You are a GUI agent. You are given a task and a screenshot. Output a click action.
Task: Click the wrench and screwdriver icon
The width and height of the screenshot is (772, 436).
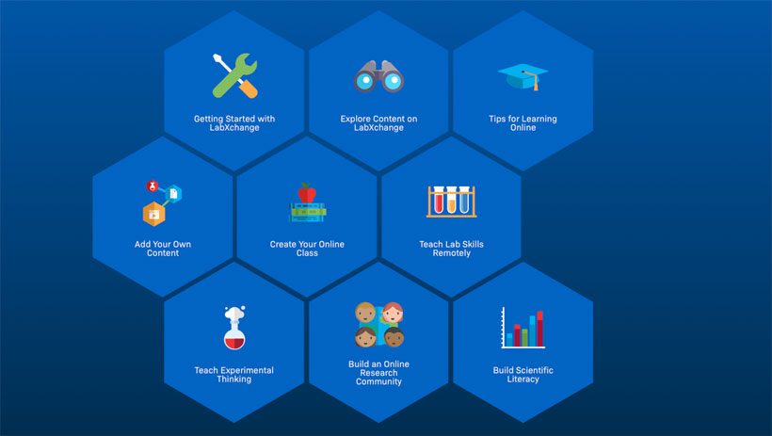coord(234,75)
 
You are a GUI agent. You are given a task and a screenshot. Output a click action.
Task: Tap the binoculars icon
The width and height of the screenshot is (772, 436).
coord(378,76)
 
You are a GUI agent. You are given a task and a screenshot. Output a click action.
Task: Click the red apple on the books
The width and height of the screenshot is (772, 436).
coord(307,193)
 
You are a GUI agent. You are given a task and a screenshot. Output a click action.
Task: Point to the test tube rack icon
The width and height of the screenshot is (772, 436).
coord(451,200)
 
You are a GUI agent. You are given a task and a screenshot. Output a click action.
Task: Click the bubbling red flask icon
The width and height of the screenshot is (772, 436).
coord(234,328)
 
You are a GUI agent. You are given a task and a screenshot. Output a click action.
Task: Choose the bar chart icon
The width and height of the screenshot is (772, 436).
coord(523,328)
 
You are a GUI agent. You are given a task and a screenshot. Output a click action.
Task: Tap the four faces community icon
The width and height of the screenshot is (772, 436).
coord(378,325)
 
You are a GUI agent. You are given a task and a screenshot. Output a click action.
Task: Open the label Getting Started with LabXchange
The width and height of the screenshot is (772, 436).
coord(234,123)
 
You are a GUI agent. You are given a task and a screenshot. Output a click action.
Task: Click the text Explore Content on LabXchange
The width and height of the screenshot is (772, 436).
coord(378,123)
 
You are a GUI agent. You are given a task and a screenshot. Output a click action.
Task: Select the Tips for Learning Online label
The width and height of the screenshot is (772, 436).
coord(523,123)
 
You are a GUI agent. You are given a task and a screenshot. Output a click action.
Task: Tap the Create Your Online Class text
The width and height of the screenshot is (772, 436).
coord(307,249)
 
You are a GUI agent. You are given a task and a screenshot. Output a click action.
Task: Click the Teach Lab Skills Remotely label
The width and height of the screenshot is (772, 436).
coord(451,249)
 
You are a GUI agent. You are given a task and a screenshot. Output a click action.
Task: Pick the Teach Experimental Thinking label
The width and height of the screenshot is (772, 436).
coord(234,375)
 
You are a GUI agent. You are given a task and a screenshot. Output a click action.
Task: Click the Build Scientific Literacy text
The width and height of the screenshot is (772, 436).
coord(523,375)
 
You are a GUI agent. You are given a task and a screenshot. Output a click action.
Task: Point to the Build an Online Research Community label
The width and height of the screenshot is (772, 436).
coord(378,373)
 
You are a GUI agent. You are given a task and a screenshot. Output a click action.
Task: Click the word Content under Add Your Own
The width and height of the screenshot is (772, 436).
coord(163,253)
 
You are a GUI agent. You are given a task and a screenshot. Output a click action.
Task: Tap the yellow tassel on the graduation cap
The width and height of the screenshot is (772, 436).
coord(538,86)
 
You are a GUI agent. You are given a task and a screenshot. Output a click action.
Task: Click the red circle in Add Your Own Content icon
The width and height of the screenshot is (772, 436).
coord(151,186)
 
